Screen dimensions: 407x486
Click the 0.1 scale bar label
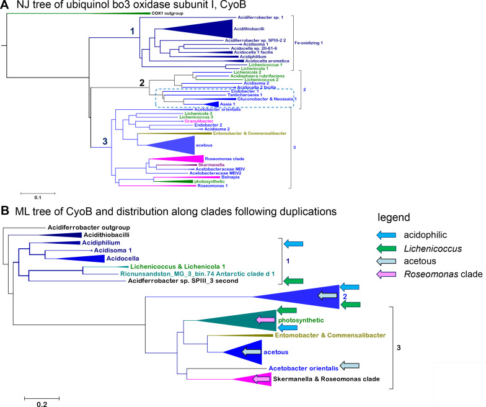pos(37,198)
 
